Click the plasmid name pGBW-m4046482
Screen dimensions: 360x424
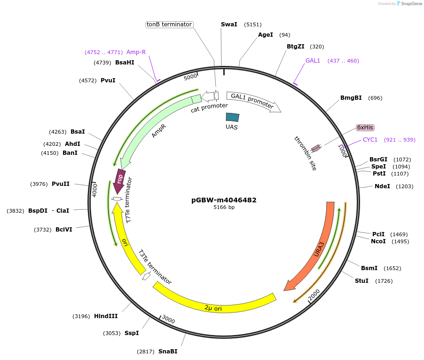tap(224, 200)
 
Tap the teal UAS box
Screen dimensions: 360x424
tap(232, 117)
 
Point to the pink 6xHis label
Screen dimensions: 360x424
tap(365, 128)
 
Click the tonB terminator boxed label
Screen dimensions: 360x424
tap(169, 24)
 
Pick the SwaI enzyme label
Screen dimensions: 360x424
tap(229, 24)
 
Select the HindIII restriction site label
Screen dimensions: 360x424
tap(106, 316)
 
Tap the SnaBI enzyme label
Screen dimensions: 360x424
tap(168, 352)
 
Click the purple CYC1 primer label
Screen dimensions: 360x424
tap(370, 140)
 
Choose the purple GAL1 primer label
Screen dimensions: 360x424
tap(313, 61)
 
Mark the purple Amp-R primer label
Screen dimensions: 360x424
tap(136, 52)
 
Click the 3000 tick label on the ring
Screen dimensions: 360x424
tap(168, 320)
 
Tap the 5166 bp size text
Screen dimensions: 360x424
tap(224, 207)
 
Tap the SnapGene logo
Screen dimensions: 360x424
tap(407, 4)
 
